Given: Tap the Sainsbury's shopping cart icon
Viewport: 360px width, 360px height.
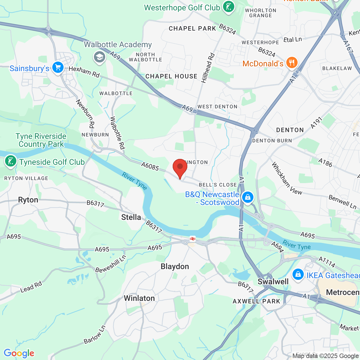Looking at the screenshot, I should pos(58,68).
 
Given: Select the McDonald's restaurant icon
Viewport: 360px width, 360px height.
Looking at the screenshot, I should pos(292,63).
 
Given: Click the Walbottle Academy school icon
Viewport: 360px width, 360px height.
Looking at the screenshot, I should pos(99,57).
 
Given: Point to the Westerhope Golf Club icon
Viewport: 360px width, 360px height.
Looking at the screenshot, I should pos(229,7).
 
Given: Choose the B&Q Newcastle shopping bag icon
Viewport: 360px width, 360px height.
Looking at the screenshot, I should pos(248,197).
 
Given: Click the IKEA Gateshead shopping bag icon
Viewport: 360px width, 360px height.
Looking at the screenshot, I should pos(298,274).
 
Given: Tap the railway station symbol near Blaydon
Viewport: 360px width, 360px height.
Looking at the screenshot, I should pos(193,239).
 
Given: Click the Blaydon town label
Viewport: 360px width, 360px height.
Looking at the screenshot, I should pos(175,266).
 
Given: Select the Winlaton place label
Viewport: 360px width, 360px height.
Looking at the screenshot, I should pos(139,298).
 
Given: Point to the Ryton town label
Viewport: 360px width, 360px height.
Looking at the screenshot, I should pos(28,200).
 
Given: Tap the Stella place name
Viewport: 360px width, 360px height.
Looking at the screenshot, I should pos(131,217).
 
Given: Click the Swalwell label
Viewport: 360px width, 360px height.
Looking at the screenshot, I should pos(273,282).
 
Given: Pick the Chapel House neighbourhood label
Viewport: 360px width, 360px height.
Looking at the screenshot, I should pos(171,76).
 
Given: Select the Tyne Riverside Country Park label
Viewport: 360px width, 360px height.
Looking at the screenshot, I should pos(41,140).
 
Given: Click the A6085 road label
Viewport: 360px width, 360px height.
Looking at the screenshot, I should pos(150,166).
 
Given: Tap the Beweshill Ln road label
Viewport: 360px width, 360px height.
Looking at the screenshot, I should pos(111,264).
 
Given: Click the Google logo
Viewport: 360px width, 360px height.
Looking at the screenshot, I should pos(19,353).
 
